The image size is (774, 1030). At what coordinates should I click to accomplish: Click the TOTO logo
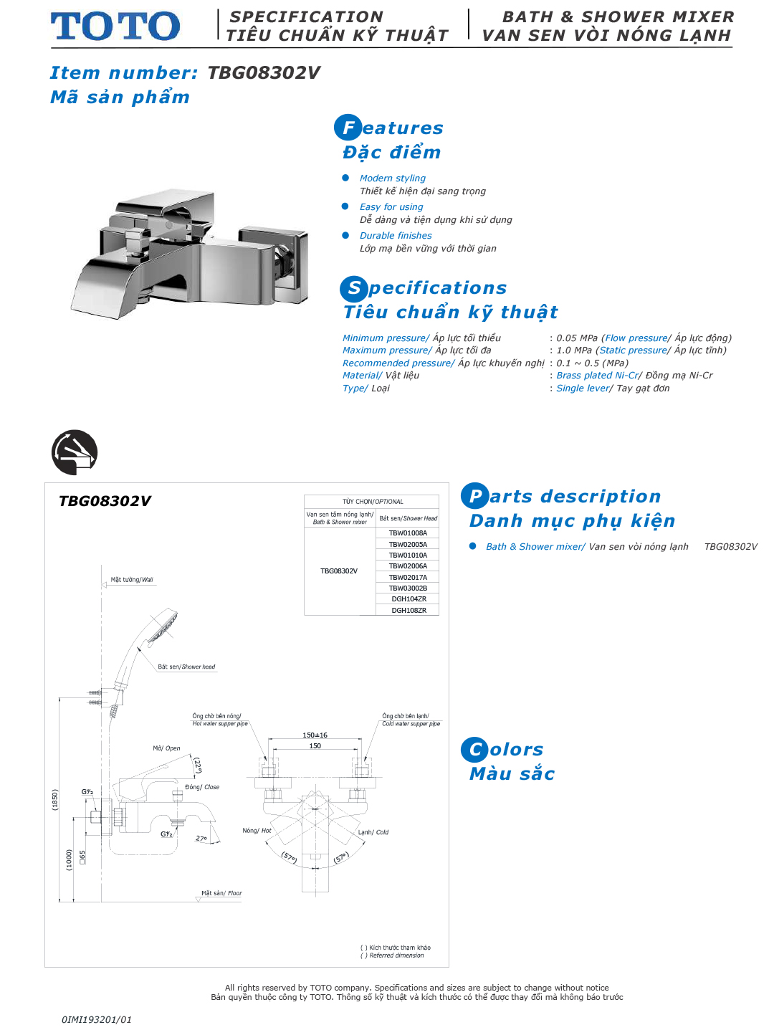(115, 27)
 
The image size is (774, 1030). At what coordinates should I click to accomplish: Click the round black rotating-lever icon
(75, 452)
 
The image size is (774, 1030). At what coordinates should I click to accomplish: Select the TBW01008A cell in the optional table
(408, 533)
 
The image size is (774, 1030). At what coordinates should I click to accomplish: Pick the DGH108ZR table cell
(408, 611)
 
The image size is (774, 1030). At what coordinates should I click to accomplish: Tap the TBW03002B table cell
(408, 588)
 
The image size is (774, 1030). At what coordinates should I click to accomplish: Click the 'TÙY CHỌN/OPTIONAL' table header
(372, 502)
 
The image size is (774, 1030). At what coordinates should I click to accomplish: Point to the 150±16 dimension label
(315, 735)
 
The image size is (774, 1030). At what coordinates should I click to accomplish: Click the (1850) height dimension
(55, 799)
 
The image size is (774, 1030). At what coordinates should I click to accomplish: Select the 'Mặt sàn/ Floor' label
(221, 893)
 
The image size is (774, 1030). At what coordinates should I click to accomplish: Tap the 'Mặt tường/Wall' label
(132, 580)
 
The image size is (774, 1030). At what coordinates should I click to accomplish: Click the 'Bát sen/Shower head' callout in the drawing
(186, 667)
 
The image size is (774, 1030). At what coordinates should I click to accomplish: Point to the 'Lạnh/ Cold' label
(373, 832)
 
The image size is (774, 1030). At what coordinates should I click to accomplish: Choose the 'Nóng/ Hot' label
(257, 831)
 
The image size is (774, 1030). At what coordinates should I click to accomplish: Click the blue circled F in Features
(348, 128)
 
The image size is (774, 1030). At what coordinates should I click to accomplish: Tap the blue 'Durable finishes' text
(396, 235)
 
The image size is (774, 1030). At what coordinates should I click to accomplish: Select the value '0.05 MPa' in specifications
(576, 338)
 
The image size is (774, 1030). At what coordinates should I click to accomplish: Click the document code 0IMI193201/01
(97, 1019)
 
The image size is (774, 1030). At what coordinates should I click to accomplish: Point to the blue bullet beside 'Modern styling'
(345, 178)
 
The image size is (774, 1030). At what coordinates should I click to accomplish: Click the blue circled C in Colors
(474, 750)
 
